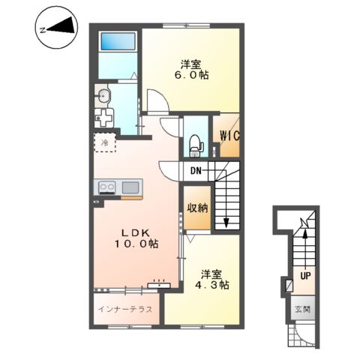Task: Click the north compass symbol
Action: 56,28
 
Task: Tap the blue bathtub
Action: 118,41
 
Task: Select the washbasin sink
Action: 102,95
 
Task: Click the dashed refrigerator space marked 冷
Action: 105,142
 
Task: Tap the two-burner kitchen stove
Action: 107,187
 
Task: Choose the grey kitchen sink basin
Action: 130,187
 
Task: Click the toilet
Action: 196,146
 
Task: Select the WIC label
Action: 229,136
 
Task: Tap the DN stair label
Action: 196,171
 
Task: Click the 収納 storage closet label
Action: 197,208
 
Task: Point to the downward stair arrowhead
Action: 226,223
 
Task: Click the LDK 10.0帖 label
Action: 136,238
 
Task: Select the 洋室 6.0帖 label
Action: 191,70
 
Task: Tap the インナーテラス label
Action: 125,309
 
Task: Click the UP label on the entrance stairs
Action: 305,276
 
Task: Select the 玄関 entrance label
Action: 303,310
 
